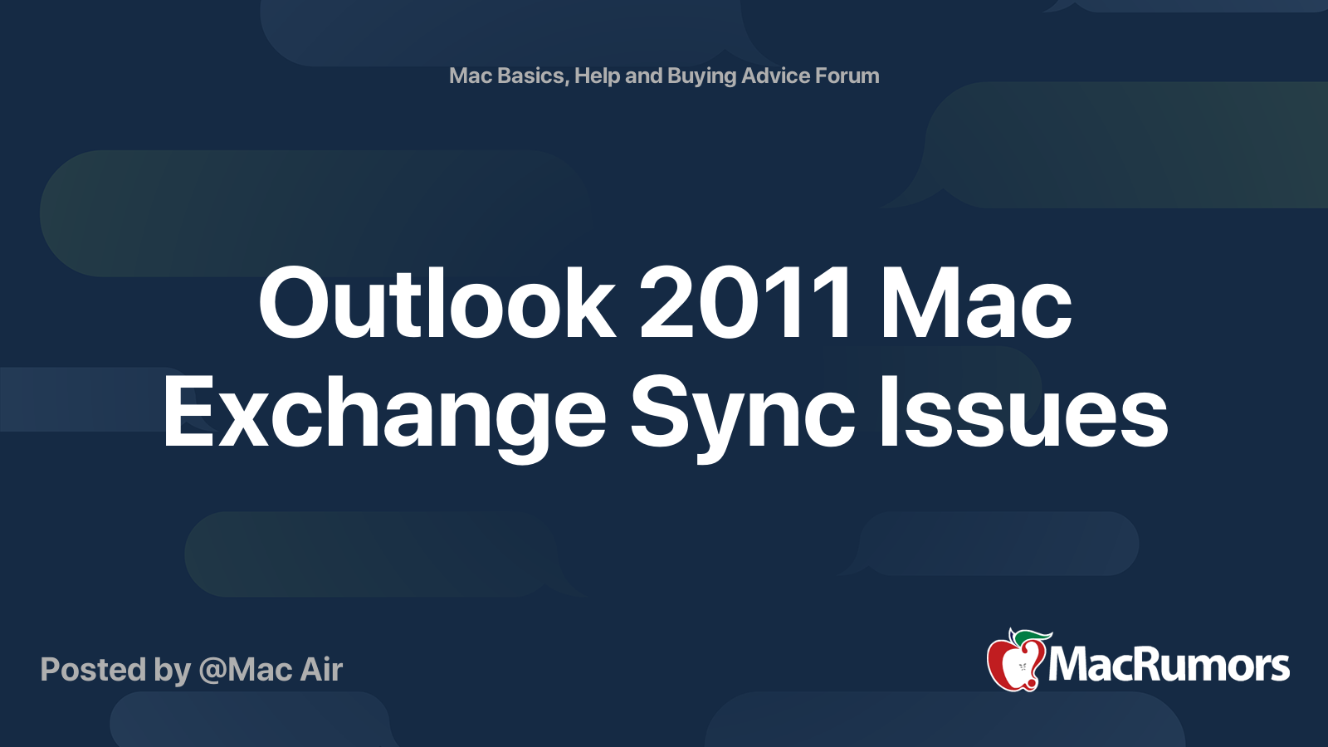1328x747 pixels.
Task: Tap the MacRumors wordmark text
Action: coord(1169,666)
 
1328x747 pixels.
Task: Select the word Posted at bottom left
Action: coord(94,670)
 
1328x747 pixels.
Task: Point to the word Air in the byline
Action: coord(321,670)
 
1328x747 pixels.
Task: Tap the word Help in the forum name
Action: coord(597,76)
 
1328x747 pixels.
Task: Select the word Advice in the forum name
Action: coord(775,76)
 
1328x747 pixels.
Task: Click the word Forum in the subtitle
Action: coord(847,76)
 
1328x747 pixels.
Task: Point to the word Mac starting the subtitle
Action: coord(471,76)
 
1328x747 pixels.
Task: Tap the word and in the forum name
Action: coord(643,76)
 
